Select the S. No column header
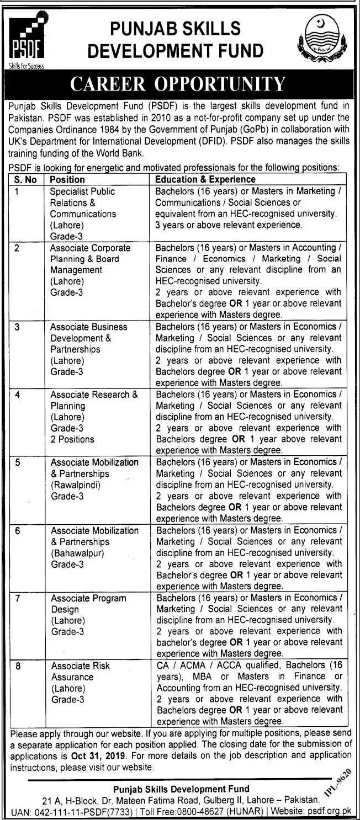(x=25, y=179)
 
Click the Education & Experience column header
(x=205, y=179)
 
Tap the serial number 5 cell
(x=18, y=462)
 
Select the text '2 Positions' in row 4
(x=72, y=439)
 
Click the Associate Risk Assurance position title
(x=80, y=671)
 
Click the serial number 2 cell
(x=18, y=248)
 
